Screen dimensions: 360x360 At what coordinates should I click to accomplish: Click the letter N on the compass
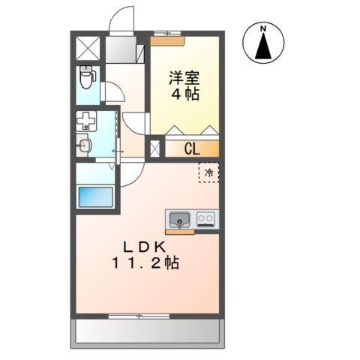click(262, 29)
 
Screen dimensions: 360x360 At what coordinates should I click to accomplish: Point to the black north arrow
click(262, 47)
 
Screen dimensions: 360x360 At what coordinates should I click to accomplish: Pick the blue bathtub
click(95, 200)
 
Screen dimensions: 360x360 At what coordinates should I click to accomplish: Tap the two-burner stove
click(206, 220)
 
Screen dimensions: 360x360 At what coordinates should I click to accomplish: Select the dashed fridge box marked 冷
click(208, 172)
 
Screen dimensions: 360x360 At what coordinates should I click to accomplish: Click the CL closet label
click(191, 148)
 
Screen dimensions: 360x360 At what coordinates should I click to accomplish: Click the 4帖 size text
click(184, 96)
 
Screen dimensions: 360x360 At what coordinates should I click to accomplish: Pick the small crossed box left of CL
click(155, 148)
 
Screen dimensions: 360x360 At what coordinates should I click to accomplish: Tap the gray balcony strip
click(148, 331)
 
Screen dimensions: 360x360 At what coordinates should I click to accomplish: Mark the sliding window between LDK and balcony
click(139, 316)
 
